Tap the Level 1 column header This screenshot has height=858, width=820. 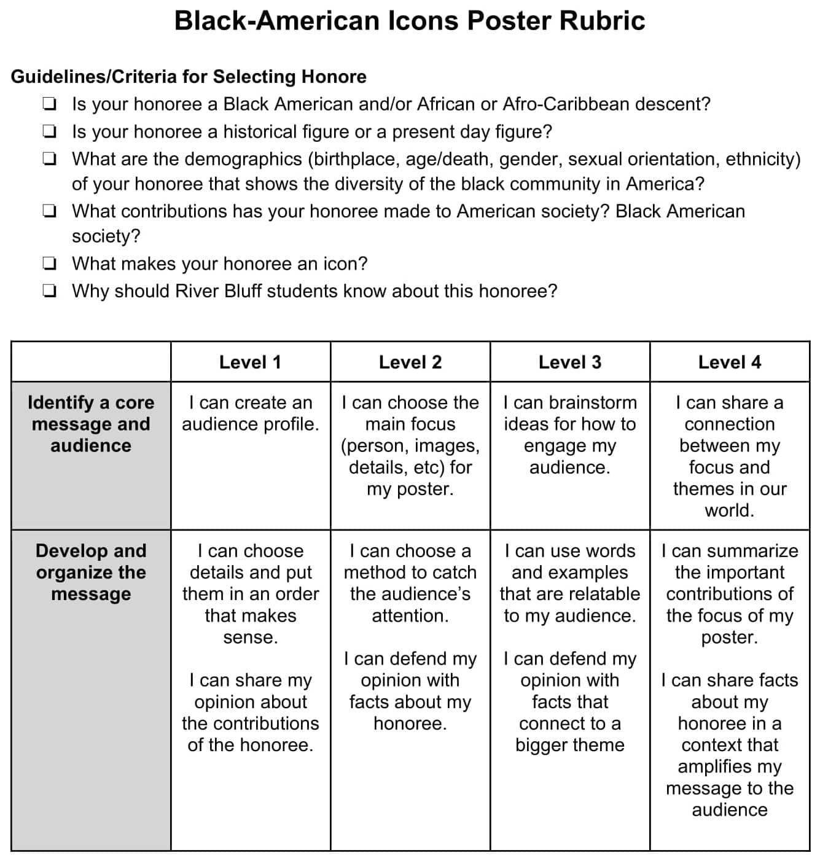pyautogui.click(x=250, y=362)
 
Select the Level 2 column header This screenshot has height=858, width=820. pyautogui.click(x=410, y=362)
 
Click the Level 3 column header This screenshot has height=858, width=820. pyautogui.click(x=569, y=362)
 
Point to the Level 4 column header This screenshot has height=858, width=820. pyautogui.click(x=729, y=362)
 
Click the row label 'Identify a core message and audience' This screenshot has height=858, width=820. pyautogui.click(x=91, y=424)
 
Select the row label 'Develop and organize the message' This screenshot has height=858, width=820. pyautogui.click(x=91, y=572)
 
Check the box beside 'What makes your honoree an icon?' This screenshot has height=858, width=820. pyautogui.click(x=50, y=264)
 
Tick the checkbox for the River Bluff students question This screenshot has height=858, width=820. pyautogui.click(x=50, y=291)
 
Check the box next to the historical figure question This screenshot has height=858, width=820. pyautogui.click(x=50, y=132)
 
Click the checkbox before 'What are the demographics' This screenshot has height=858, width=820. pyautogui.click(x=50, y=160)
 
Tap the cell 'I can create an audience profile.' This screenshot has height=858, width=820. pyautogui.click(x=250, y=413)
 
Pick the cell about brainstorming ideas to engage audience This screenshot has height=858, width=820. pyautogui.click(x=569, y=435)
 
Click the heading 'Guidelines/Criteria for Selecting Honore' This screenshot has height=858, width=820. pyautogui.click(x=189, y=77)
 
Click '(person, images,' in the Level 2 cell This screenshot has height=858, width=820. pyautogui.click(x=410, y=446)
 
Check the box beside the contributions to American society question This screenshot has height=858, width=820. pyautogui.click(x=50, y=212)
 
